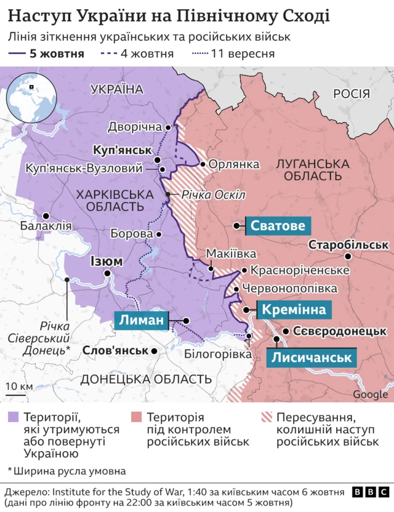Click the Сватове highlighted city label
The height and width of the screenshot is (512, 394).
coord(277,226)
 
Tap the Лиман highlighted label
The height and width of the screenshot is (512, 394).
coord(141,320)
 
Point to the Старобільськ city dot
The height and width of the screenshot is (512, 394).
coord(348,257)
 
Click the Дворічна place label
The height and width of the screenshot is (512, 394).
coord(135,127)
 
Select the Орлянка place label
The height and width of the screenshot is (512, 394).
coord(233,164)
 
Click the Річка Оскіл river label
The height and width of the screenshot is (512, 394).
coord(213,194)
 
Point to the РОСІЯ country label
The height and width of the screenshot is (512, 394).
coord(351,94)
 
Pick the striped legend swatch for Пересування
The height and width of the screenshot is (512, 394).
coord(266,415)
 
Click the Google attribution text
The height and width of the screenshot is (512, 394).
coord(370,394)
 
